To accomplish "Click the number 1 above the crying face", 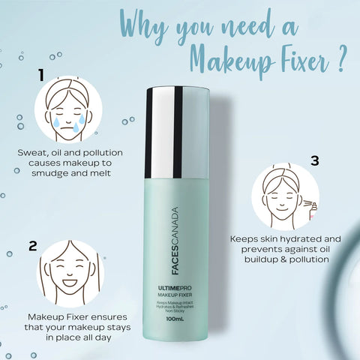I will tap(43, 74).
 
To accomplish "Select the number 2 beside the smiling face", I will tap(33, 245).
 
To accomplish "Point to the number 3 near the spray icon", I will tap(315, 160).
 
